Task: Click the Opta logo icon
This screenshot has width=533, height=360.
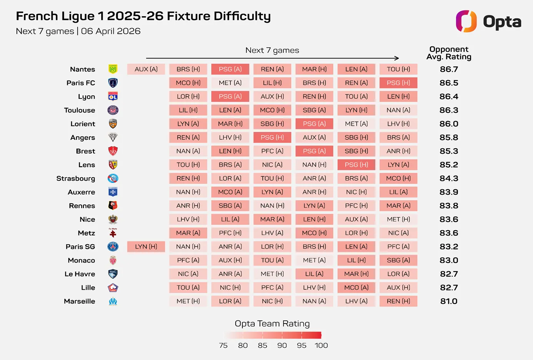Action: point(466,21)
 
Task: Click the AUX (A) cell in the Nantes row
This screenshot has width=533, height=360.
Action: point(146,69)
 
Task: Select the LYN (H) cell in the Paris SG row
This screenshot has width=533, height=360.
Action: point(146,247)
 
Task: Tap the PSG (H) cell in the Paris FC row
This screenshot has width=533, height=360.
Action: point(398,83)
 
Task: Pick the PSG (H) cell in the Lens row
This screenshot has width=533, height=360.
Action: point(356,165)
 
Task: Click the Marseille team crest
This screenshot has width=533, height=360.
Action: point(113,302)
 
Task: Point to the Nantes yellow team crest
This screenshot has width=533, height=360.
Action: point(113,69)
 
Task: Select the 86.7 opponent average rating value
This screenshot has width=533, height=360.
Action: point(449,70)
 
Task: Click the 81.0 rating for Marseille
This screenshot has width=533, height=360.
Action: point(449,302)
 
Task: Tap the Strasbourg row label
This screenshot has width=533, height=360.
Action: point(76,179)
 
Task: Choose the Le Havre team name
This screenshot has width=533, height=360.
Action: point(80,274)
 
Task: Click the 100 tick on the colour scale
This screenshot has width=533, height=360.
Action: point(321,345)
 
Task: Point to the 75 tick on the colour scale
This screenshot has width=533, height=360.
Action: point(223,345)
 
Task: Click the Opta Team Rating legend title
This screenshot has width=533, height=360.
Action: point(272,324)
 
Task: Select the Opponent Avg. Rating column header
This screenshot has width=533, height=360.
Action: point(449,53)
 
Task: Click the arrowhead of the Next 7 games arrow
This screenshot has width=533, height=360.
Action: point(397,58)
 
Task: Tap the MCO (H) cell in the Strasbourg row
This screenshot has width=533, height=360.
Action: point(398,179)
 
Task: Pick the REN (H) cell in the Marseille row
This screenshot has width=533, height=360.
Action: point(398,302)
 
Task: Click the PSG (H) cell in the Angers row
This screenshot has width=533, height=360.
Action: point(272,138)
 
